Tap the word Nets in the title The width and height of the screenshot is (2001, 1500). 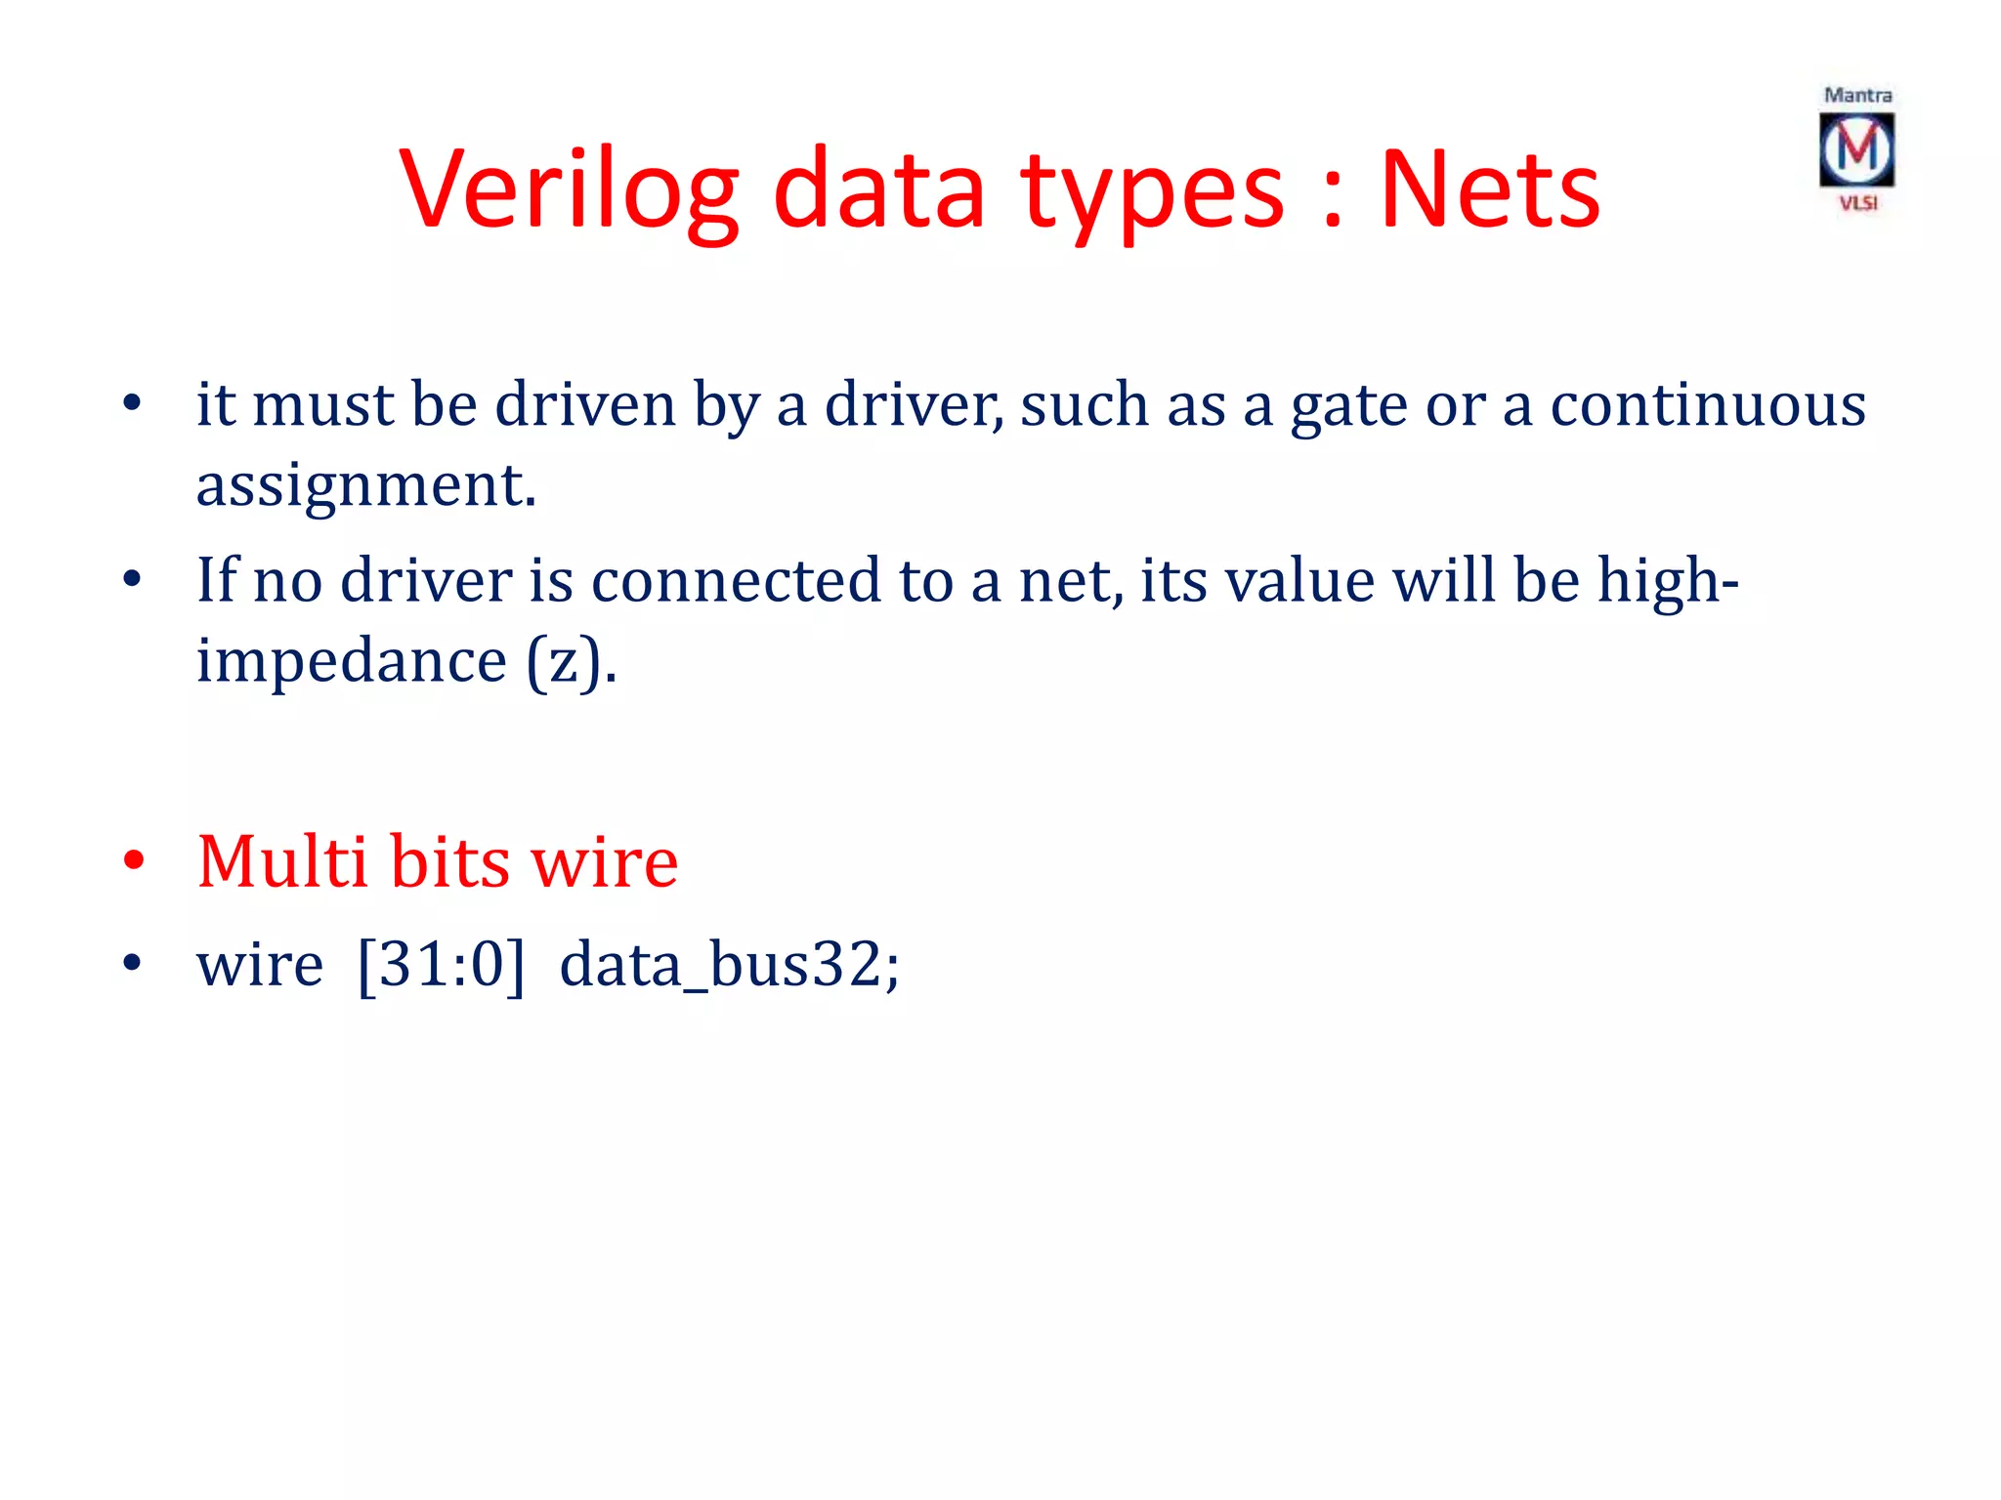click(x=1489, y=190)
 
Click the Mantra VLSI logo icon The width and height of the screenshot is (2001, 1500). click(x=1856, y=149)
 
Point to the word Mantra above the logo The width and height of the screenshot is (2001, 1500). click(x=1857, y=95)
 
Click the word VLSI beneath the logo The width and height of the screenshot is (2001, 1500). click(x=1857, y=203)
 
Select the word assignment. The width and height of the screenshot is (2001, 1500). click(x=365, y=484)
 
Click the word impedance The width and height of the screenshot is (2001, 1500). click(x=352, y=661)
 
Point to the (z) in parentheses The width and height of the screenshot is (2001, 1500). click(x=572, y=661)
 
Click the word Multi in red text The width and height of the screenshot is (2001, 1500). click(x=283, y=861)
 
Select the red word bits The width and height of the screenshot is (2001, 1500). click(x=450, y=861)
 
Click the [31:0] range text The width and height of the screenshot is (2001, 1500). click(x=441, y=965)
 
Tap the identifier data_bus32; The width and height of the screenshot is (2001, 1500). click(x=729, y=965)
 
